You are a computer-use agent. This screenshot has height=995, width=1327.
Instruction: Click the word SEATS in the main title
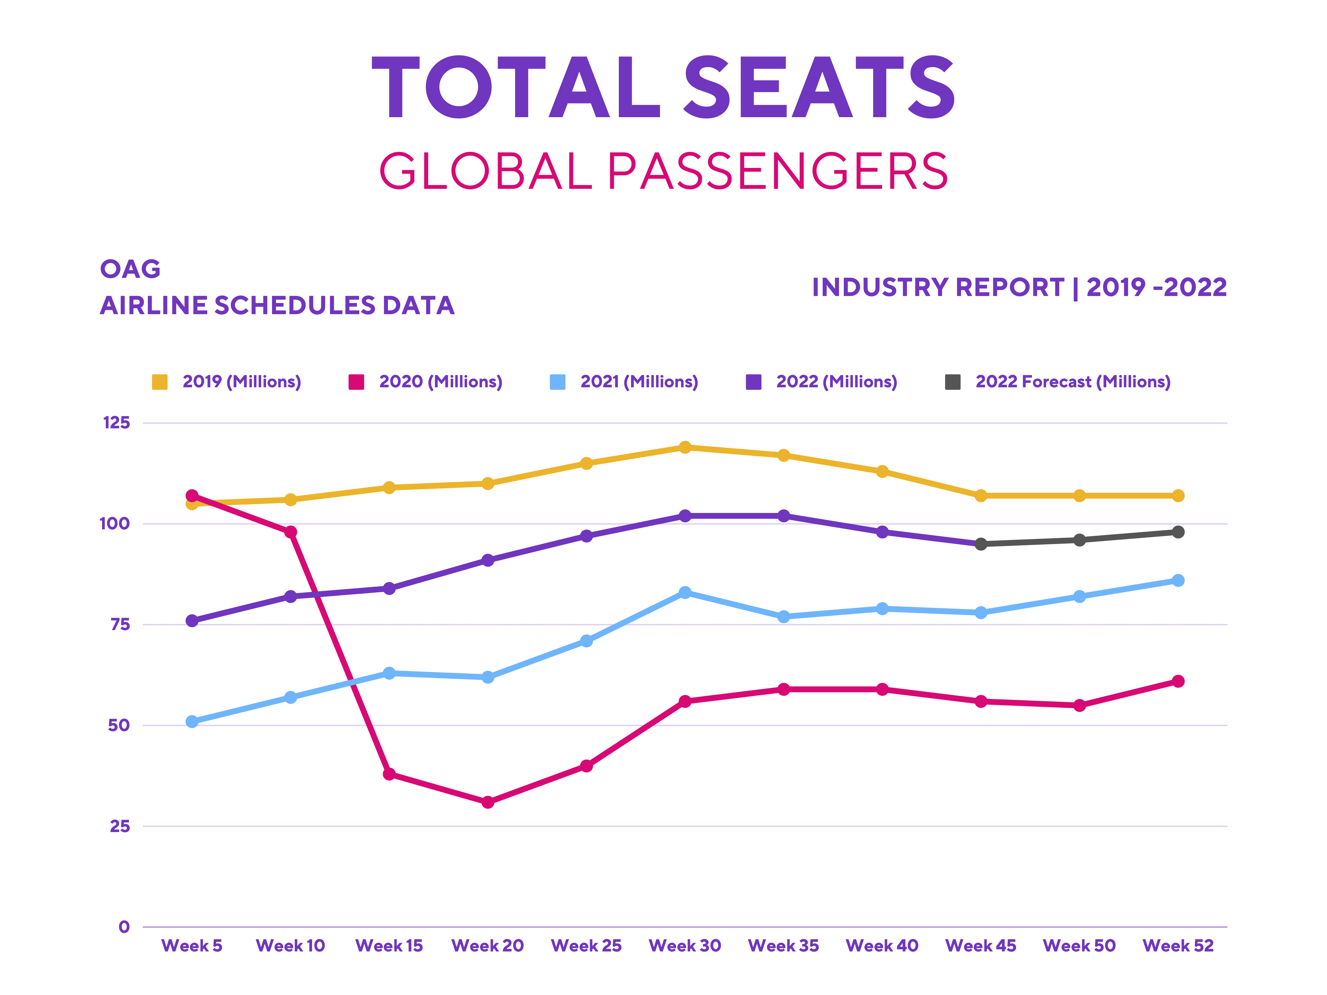tap(819, 88)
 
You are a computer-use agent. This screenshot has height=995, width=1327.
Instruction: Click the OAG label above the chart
tap(130, 269)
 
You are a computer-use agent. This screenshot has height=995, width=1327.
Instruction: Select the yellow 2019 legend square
tap(159, 382)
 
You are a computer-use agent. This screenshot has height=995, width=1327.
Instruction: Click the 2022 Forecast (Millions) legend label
tap(1073, 382)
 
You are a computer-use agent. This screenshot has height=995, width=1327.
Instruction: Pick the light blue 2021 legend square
tap(557, 382)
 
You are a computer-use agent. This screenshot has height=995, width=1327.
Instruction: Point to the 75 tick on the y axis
tap(120, 624)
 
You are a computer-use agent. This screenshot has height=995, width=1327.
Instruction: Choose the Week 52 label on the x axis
tap(1178, 946)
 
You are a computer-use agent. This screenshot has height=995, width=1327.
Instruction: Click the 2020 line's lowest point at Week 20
tap(488, 802)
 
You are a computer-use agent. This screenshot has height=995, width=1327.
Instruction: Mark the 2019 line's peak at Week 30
tap(685, 448)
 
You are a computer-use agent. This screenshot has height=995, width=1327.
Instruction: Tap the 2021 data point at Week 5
tap(192, 722)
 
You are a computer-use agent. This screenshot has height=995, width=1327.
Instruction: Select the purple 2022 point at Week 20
tap(488, 560)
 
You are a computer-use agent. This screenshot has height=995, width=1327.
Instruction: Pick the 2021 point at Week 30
tap(685, 593)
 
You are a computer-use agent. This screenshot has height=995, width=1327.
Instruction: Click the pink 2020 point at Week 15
tap(389, 774)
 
